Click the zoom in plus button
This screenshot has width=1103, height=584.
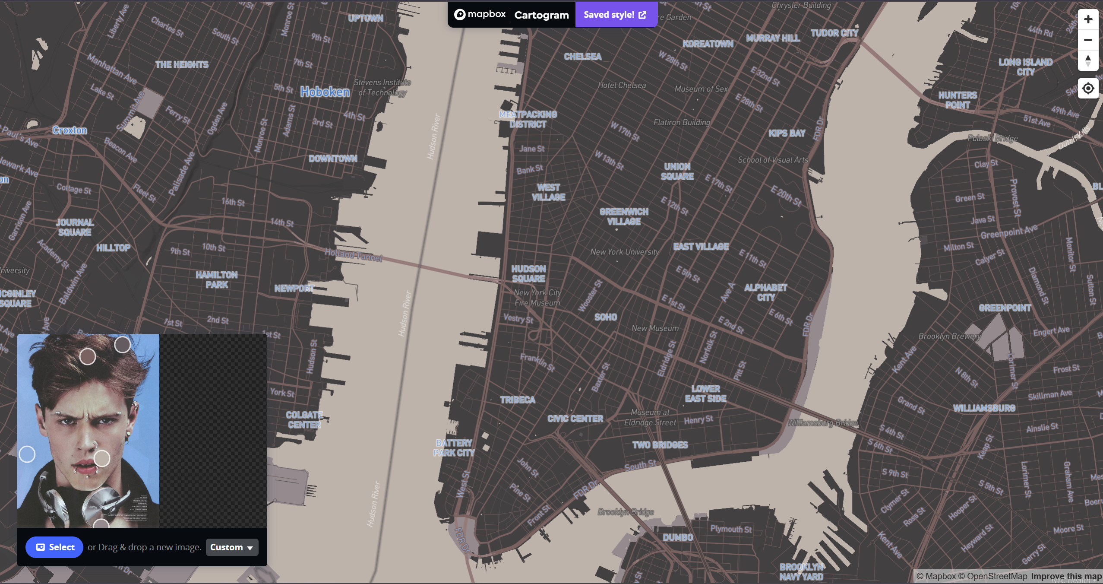1088,19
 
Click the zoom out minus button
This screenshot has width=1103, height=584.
1088,40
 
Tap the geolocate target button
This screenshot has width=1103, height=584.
1088,89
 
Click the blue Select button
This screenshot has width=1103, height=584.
54,547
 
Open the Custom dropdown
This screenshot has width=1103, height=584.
232,547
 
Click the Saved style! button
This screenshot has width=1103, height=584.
615,15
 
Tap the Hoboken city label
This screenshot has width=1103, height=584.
325,92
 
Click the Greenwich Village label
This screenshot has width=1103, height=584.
624,216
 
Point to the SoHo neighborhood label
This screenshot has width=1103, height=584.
606,317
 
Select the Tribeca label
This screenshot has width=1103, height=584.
518,400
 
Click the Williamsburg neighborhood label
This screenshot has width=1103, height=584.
984,408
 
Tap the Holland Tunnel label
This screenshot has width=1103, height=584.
354,255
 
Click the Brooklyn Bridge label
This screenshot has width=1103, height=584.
626,512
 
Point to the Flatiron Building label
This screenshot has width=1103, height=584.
681,123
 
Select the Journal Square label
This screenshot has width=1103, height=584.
75,227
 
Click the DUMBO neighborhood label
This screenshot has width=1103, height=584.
678,537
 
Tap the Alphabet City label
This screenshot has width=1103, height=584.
765,292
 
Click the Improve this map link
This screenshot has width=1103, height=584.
1066,576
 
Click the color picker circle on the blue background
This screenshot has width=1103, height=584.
27,454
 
